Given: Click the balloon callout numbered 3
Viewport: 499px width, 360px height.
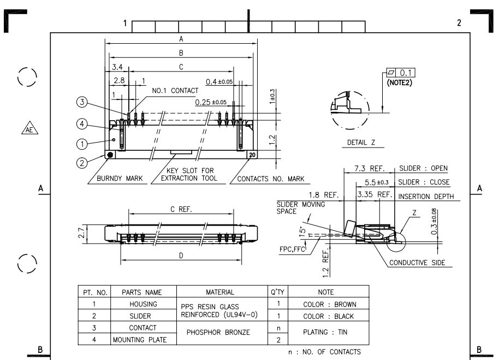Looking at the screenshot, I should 81,102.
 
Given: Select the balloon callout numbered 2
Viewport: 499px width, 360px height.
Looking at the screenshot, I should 81,162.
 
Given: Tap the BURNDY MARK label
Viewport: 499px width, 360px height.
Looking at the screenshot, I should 118,179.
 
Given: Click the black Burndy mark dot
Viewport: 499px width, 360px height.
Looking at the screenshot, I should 110,155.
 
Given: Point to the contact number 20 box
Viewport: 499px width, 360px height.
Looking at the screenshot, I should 252,155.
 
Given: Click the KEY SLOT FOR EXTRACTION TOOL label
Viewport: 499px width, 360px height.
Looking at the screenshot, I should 183,174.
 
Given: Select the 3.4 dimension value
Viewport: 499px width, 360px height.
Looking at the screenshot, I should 117,68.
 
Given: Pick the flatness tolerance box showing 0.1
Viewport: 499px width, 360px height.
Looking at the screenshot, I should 401,73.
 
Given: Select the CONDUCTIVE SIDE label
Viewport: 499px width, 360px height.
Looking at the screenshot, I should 417,263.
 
